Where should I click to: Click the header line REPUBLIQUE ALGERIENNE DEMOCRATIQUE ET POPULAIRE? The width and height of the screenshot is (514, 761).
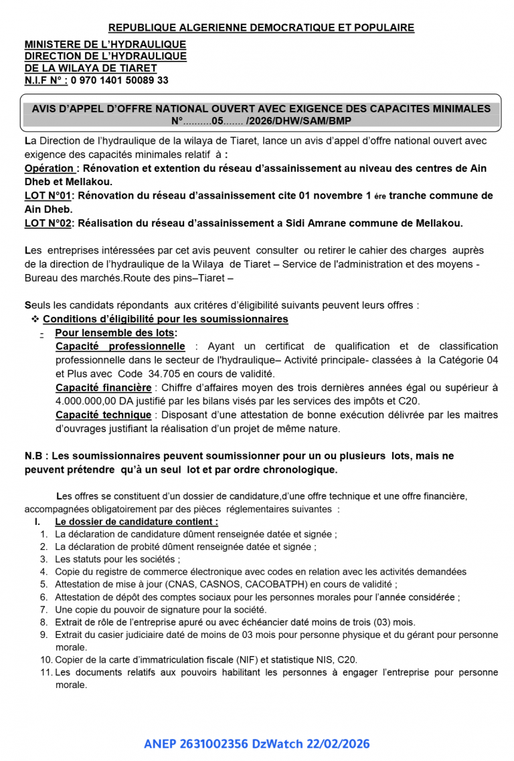[261, 27]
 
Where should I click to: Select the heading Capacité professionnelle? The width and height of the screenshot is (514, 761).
[120, 346]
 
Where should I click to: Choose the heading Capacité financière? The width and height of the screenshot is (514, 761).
[104, 387]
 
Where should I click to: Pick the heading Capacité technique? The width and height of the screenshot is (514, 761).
[103, 415]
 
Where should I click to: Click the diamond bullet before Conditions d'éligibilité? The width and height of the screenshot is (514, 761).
[35, 319]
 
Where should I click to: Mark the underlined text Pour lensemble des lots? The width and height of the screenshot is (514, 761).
[116, 333]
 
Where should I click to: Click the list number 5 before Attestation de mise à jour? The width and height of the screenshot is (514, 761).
[44, 584]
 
